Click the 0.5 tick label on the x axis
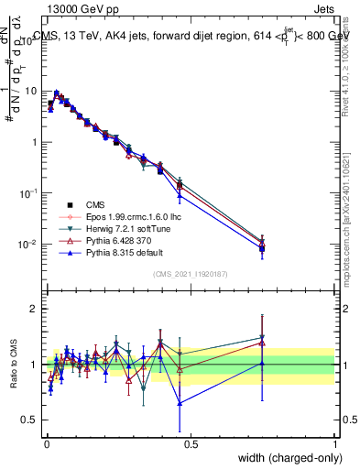[x=191, y=443]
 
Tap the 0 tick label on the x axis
[x=45, y=443]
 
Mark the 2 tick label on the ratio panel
[x=36, y=310]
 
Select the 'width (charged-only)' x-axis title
[x=288, y=457]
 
